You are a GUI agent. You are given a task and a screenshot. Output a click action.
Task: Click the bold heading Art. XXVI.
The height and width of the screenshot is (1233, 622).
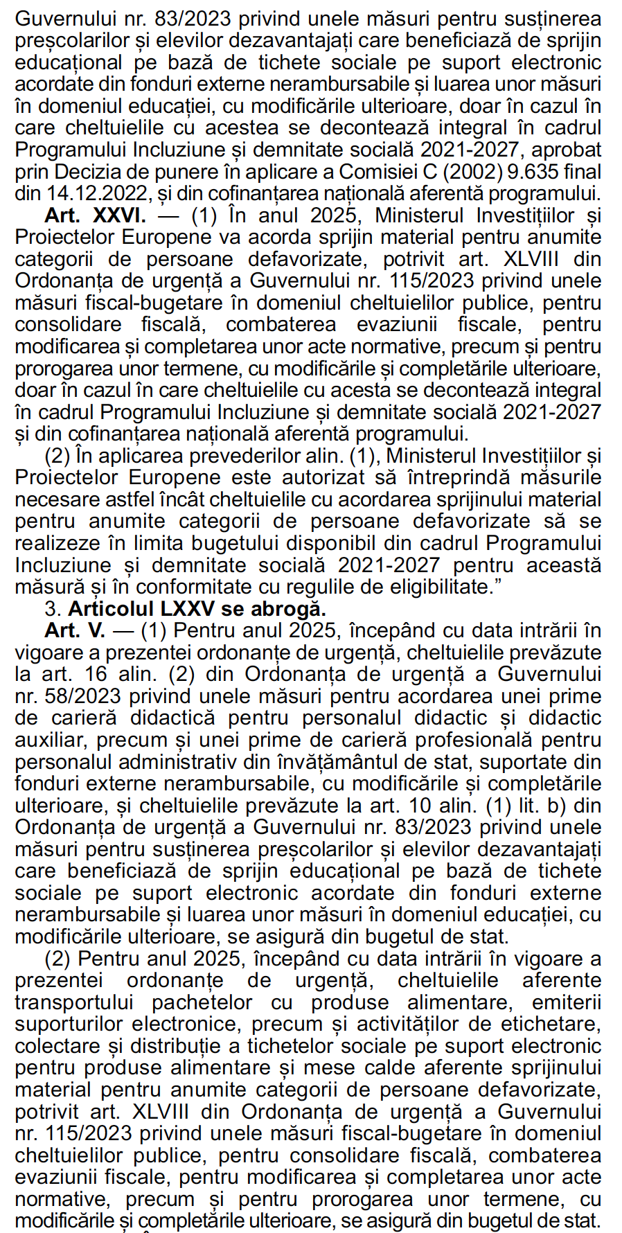[x=96, y=215]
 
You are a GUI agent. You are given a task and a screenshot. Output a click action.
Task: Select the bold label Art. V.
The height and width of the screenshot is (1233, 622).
[x=75, y=631]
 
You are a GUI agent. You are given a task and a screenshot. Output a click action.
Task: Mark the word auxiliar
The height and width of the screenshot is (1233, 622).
[x=48, y=740]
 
